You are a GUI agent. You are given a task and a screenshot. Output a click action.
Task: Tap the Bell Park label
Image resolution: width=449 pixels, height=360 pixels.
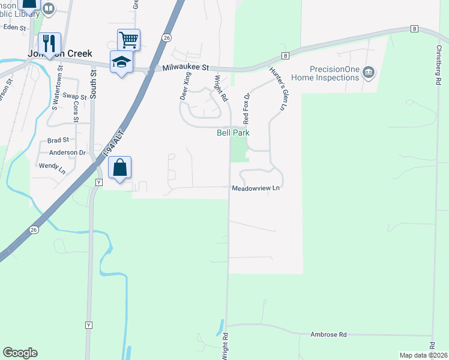click(x=233, y=133)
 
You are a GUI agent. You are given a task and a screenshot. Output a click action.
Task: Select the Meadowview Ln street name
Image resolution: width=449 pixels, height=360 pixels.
click(x=256, y=188)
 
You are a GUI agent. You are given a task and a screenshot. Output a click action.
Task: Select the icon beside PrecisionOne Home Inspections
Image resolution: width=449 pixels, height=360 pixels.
click(x=369, y=73)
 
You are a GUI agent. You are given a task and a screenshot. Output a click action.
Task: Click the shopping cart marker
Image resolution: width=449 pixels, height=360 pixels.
click(x=128, y=40)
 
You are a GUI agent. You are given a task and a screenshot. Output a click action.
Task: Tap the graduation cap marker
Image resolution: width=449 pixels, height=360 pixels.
click(x=121, y=61)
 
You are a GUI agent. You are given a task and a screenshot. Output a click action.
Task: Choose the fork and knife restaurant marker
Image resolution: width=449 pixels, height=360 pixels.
click(x=49, y=43)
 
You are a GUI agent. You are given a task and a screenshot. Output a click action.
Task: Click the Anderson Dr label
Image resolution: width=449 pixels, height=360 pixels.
click(x=67, y=152)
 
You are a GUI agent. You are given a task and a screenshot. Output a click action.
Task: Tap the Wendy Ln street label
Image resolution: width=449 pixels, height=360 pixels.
click(x=52, y=167)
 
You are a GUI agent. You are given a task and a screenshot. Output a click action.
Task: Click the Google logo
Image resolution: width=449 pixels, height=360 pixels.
click(x=20, y=353)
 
